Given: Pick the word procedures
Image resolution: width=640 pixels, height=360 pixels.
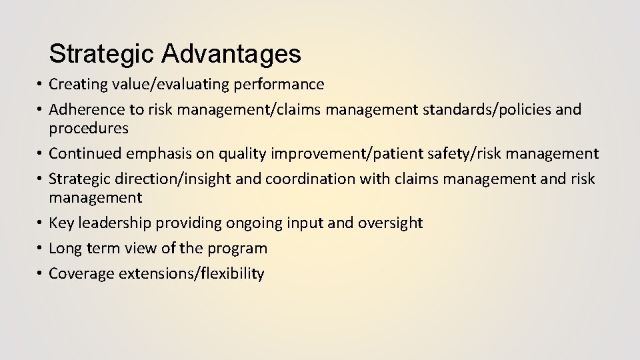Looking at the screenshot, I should [89, 127].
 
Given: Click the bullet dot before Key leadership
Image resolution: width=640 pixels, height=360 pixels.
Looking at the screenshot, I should [40, 223].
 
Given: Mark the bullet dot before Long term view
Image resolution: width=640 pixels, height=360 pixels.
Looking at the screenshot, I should [40, 248].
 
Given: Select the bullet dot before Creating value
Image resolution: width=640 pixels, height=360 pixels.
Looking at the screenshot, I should [40, 85].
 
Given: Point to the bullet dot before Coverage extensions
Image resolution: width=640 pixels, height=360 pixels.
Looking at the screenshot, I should [40, 273].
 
